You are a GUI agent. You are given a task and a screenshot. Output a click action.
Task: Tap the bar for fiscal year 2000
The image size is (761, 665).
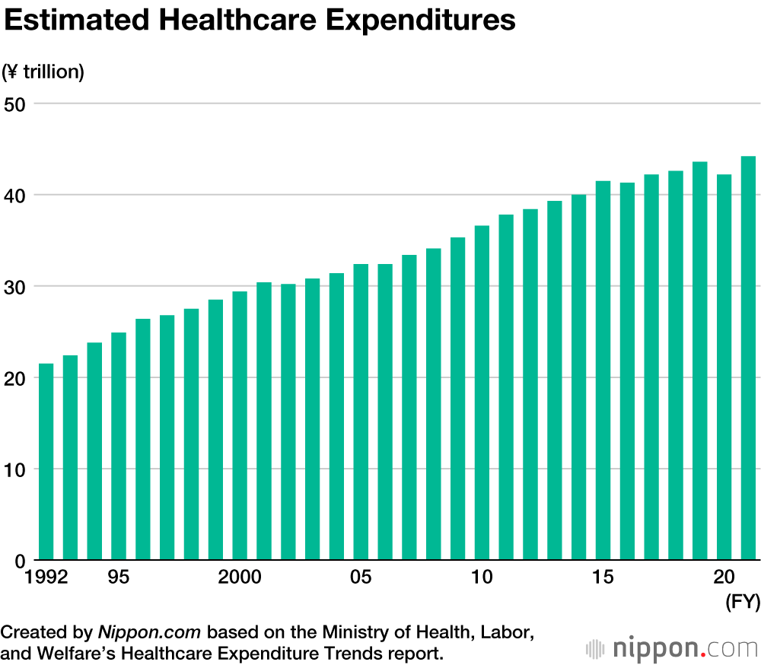click(x=240, y=426)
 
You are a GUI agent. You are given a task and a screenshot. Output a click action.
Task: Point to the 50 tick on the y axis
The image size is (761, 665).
click(x=16, y=103)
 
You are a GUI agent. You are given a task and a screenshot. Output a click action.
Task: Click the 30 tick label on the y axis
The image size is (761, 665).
click(x=16, y=286)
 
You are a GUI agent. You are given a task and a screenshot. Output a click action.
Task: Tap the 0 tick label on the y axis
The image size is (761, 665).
click(x=21, y=561)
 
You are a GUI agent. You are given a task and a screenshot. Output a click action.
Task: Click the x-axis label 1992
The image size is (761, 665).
click(x=46, y=577)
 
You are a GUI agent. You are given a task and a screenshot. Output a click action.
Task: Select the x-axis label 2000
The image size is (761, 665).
click(x=240, y=577)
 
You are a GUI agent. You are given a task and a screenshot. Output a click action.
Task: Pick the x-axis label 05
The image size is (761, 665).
click(x=361, y=577)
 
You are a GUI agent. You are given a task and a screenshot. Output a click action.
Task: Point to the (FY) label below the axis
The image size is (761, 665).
click(x=742, y=603)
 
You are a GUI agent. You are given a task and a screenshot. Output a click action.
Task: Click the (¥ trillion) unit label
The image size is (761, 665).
click(x=43, y=72)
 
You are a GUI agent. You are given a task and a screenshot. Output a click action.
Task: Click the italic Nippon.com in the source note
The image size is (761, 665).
click(x=149, y=632)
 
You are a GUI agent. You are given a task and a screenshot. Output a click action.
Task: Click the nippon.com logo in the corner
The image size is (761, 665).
click(x=673, y=649)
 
